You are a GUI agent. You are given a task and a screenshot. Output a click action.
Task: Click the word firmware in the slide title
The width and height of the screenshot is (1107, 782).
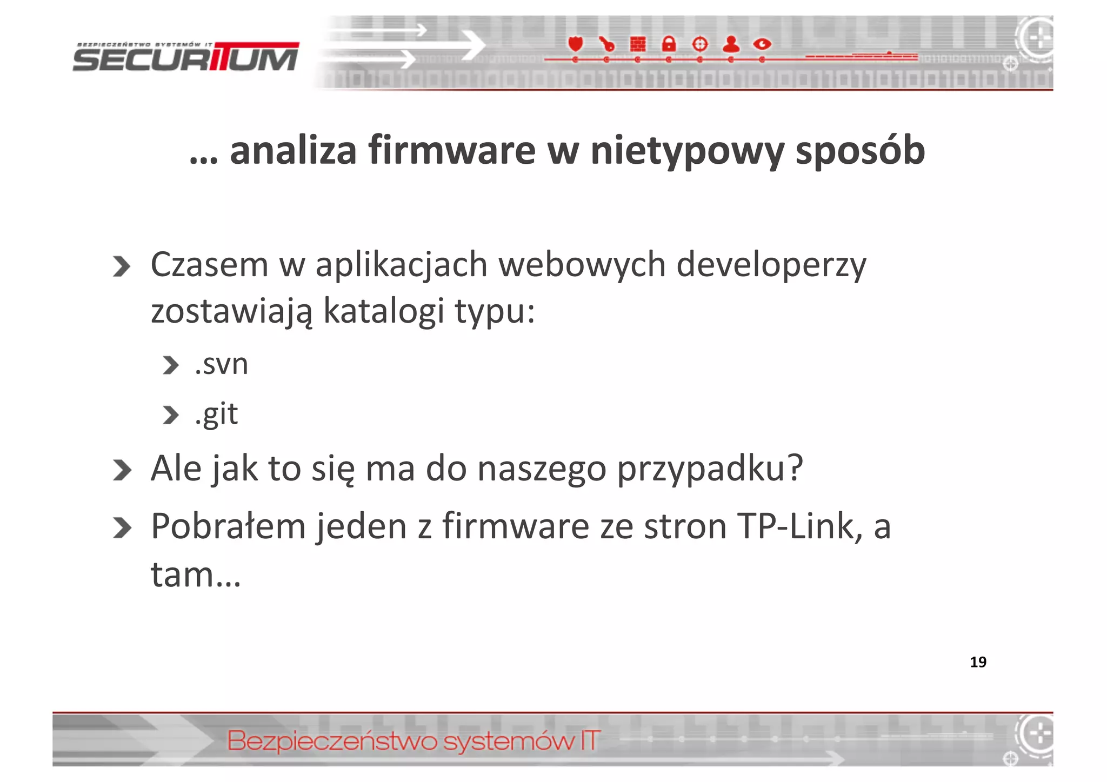452,150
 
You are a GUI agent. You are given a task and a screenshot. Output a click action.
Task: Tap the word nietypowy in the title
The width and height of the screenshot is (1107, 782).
687,151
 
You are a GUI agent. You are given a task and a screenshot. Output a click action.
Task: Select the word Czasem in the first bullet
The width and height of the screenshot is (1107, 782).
209,265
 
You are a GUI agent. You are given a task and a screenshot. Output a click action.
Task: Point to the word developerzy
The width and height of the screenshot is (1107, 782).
771,266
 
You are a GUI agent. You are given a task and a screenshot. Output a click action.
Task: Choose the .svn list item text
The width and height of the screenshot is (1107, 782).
221,364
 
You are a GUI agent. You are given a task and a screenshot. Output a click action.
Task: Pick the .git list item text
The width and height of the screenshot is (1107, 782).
216,415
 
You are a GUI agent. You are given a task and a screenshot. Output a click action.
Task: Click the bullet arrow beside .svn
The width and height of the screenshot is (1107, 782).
170,365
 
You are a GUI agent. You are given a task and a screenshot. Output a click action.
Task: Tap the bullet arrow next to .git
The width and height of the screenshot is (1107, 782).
170,415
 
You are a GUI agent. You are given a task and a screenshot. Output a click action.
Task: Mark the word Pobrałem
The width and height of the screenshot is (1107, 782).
228,526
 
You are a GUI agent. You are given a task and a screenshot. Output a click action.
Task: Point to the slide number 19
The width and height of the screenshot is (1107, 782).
978,662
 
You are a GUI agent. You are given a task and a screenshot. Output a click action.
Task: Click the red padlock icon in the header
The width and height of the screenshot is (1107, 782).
669,44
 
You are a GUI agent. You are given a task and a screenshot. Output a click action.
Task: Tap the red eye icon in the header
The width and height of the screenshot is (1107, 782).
762,44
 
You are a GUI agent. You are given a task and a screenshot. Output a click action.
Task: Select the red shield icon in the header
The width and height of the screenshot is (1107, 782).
575,44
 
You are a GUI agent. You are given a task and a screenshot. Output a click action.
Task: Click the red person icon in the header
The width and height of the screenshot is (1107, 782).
731,44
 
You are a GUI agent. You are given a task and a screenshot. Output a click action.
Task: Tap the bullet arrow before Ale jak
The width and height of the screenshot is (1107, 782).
122,470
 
